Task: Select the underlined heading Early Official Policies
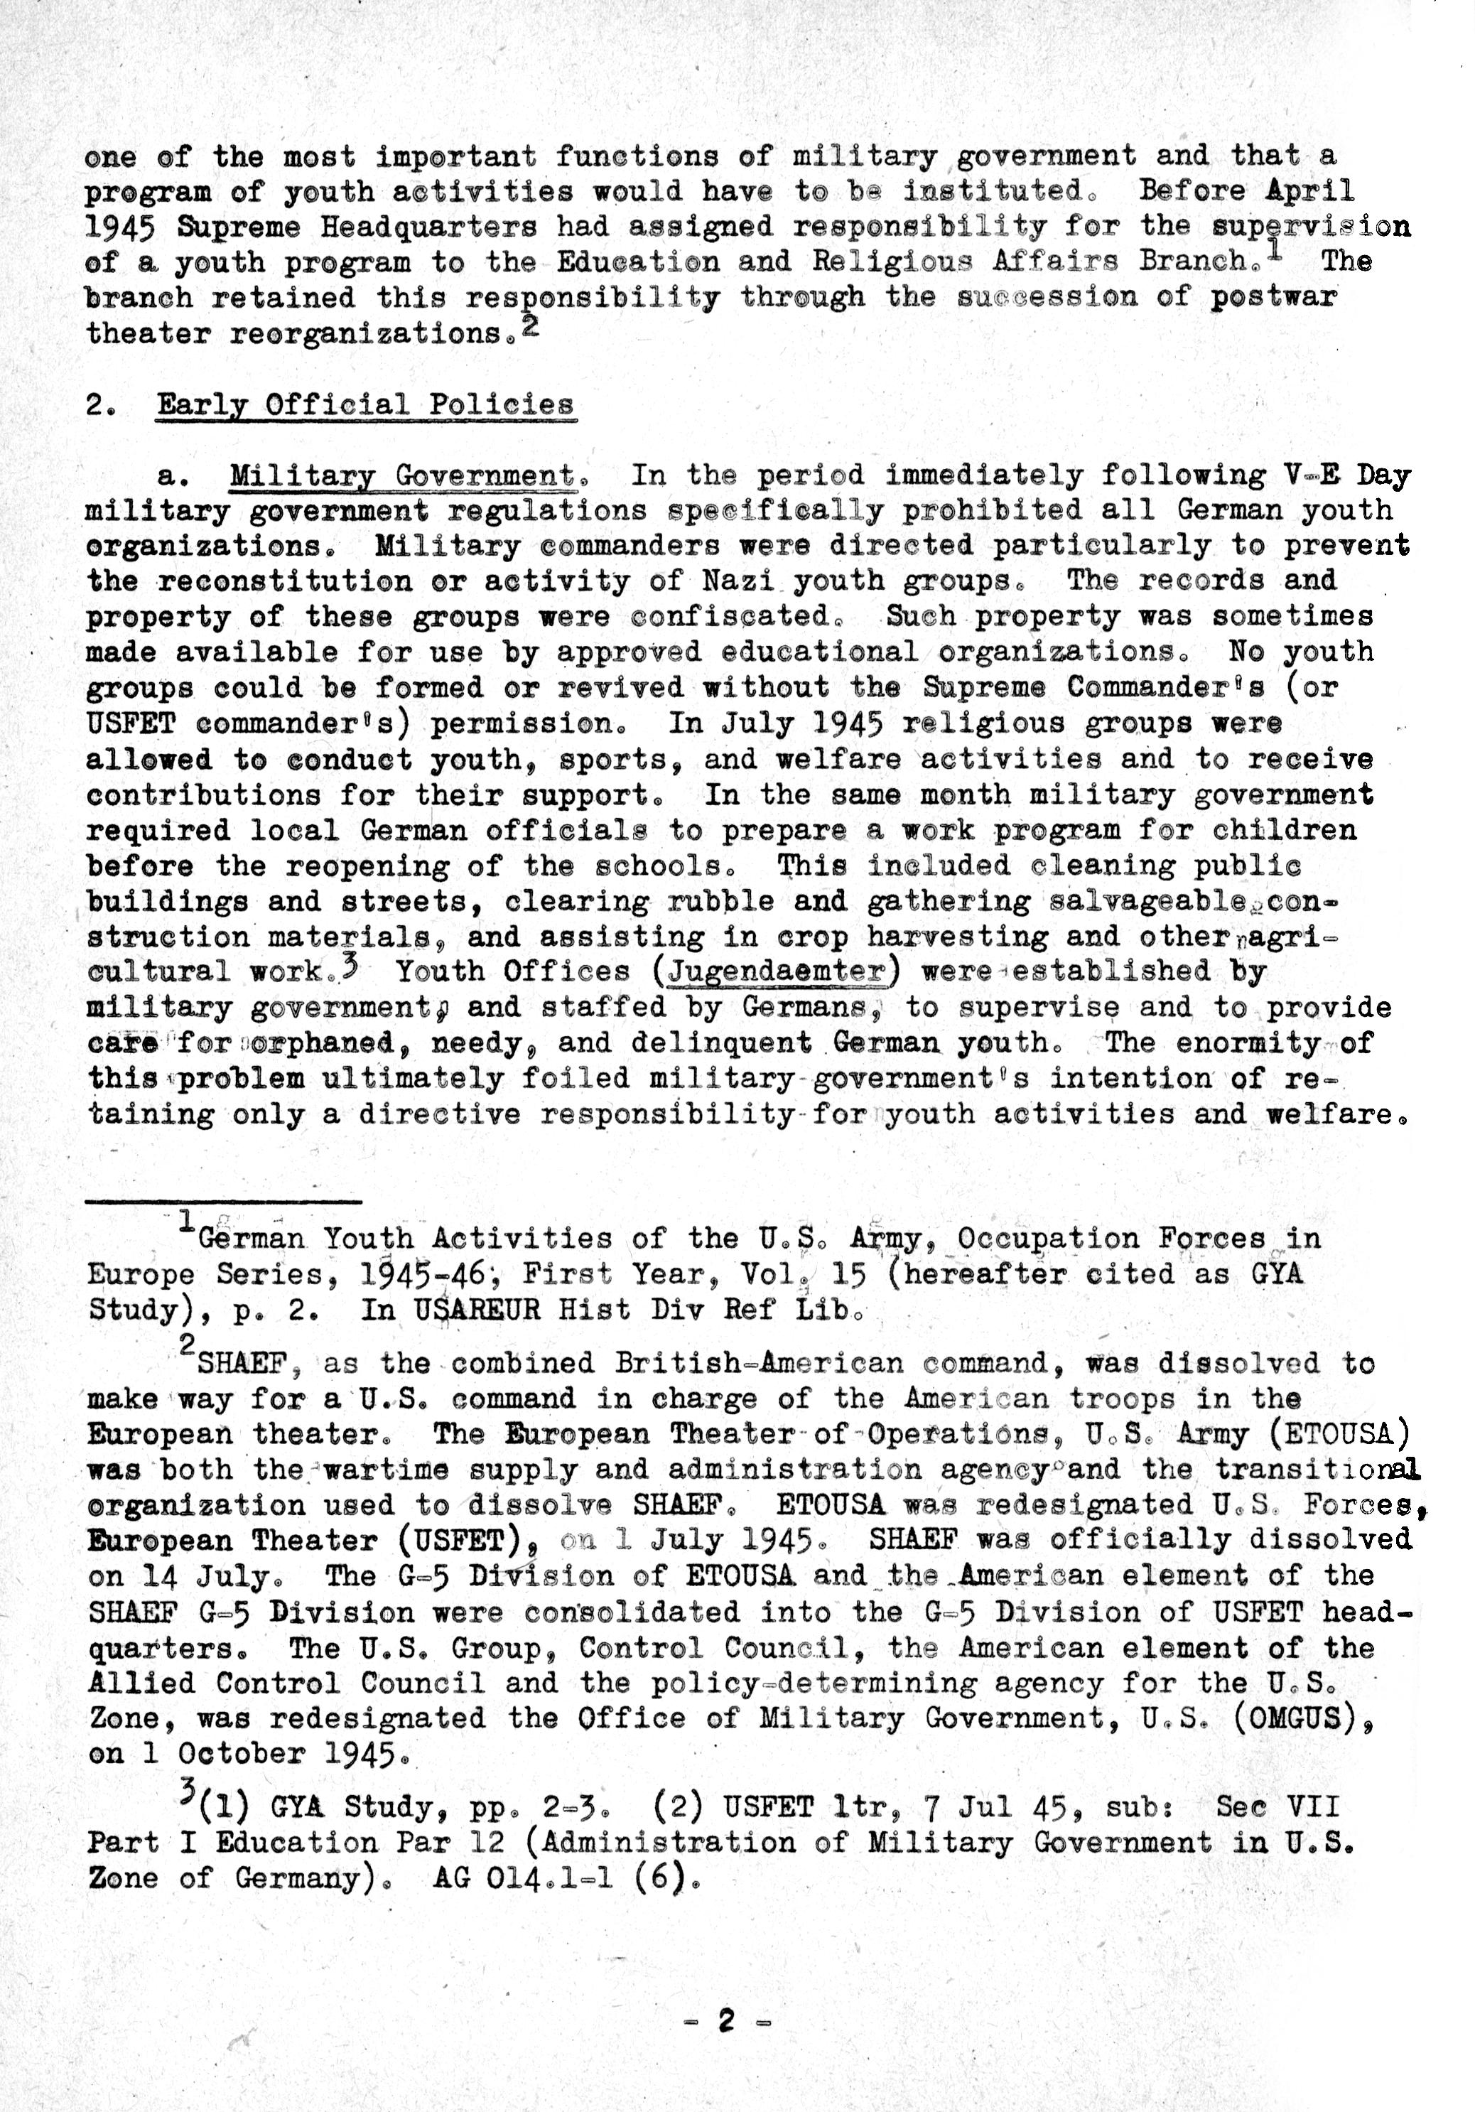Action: (x=365, y=405)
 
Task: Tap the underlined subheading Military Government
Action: (x=402, y=475)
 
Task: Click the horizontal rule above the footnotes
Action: (x=224, y=1200)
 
